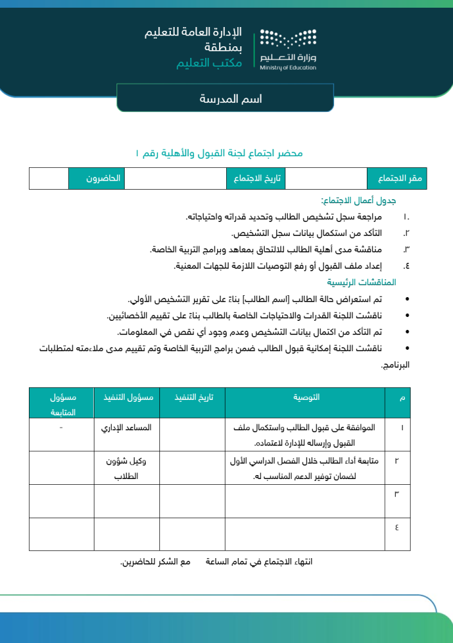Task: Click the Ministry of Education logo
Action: [289, 49]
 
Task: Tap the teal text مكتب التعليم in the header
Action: [209, 63]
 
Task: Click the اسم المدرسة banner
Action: [225, 99]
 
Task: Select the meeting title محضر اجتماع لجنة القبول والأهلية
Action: [219, 153]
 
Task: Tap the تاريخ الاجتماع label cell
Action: [256, 178]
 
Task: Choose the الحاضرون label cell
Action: [96, 178]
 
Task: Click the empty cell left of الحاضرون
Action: [49, 178]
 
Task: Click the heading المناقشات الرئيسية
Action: [362, 282]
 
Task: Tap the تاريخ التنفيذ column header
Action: [192, 397]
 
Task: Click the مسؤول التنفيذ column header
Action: [127, 397]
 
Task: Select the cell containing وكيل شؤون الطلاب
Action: [127, 468]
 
